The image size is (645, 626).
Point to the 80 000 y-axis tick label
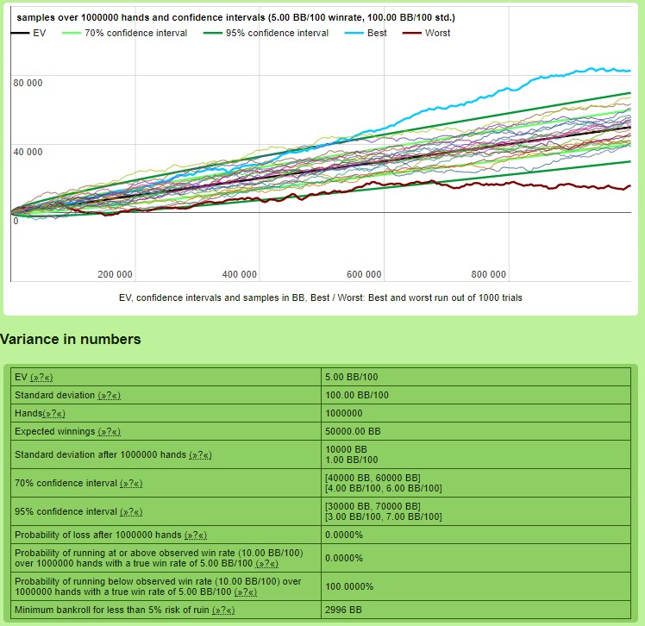pyautogui.click(x=28, y=83)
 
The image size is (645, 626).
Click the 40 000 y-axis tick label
pyautogui.click(x=28, y=153)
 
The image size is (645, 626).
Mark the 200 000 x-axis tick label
pyautogui.click(x=115, y=275)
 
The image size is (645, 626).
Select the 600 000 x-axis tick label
pyautogui.click(x=364, y=275)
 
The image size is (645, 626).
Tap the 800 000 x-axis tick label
pyautogui.click(x=488, y=275)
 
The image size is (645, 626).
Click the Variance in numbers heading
pyautogui.click(x=70, y=340)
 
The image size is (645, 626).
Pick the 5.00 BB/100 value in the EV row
pyautogui.click(x=351, y=377)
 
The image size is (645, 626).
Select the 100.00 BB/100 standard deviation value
pyautogui.click(x=357, y=395)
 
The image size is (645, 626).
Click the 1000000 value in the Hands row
pyautogui.click(x=345, y=413)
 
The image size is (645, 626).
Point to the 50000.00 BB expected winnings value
pyautogui.click(x=353, y=431)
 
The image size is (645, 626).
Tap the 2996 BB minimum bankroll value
pyautogui.click(x=342, y=610)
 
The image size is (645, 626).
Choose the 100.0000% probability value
pyautogui.click(x=349, y=586)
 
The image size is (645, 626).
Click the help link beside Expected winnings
pyautogui.click(x=110, y=431)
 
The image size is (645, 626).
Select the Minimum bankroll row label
pyautogui.click(x=112, y=610)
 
